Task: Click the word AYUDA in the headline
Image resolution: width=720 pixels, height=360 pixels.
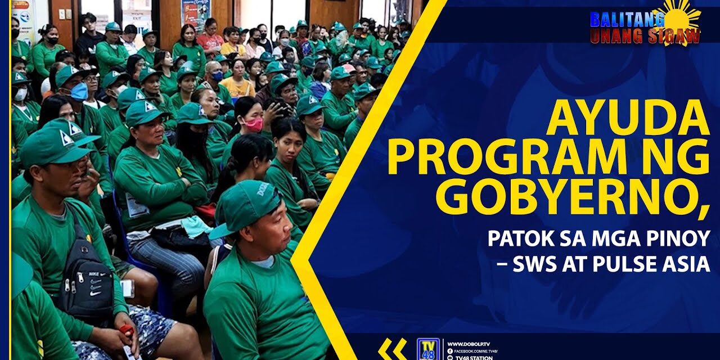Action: pos(627,119)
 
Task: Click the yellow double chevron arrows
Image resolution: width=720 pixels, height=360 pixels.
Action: pos(392,349)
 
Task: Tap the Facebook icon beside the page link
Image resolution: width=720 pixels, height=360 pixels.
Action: pos(450,351)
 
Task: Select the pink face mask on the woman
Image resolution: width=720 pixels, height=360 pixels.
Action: pos(254,124)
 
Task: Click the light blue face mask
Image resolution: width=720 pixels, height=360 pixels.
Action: pos(79,91)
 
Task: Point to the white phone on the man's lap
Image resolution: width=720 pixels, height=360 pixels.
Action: pos(128,288)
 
